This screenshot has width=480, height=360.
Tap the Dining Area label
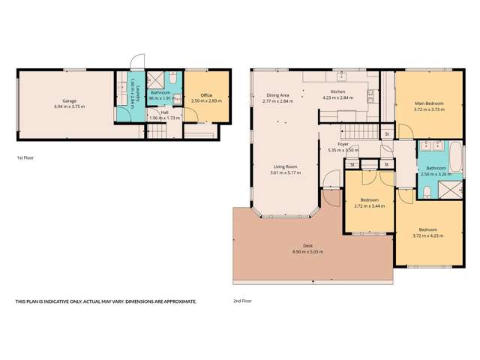point(277,95)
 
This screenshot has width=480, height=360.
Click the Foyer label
point(343,144)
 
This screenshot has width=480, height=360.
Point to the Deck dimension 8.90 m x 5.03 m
point(307,252)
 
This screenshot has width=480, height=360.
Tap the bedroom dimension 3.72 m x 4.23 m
point(428,235)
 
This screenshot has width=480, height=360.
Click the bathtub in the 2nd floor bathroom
point(457,160)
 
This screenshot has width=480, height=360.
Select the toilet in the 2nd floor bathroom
point(427,193)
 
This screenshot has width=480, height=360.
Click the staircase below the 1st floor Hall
point(157,132)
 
